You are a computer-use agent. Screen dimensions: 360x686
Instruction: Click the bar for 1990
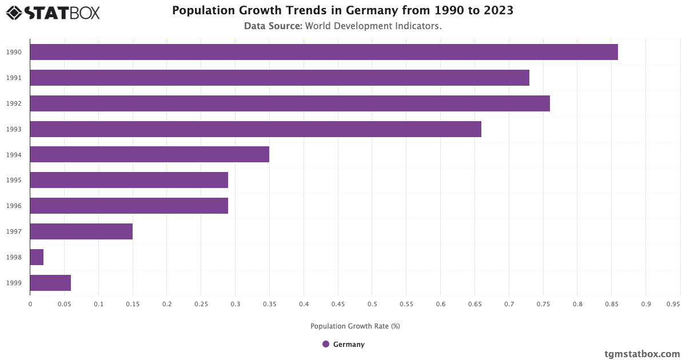pos(324,52)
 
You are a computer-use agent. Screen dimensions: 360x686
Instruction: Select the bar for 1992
pos(290,103)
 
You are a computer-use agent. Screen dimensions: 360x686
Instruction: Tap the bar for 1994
pos(149,154)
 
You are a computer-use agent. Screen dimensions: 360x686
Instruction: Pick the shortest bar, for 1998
pos(37,257)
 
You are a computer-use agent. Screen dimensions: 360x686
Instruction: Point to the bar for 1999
pos(50,283)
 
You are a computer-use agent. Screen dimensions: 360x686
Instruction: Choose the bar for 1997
pos(81,231)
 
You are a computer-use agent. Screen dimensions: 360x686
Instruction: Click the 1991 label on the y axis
pos(14,78)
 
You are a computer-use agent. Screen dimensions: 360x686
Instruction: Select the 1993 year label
pos(14,129)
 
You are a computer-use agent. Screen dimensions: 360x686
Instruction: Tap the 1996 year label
pos(14,206)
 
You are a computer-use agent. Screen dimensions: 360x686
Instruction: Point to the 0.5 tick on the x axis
pos(372,304)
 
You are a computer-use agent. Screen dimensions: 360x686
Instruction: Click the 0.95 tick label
pos(673,304)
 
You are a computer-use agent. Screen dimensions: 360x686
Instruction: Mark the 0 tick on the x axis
pos(30,304)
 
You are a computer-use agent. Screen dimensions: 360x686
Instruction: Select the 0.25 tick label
pos(201,304)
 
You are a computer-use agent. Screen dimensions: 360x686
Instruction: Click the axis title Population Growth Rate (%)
pos(355,326)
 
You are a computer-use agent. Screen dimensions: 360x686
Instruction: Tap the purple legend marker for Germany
pos(326,344)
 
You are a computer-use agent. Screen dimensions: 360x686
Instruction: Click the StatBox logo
pos(53,13)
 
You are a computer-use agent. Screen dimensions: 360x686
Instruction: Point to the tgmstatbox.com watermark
pos(642,354)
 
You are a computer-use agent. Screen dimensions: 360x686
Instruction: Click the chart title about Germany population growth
pos(342,11)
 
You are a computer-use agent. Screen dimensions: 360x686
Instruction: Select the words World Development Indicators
pos(373,26)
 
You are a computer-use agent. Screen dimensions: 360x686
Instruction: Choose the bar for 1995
pos(129,180)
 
